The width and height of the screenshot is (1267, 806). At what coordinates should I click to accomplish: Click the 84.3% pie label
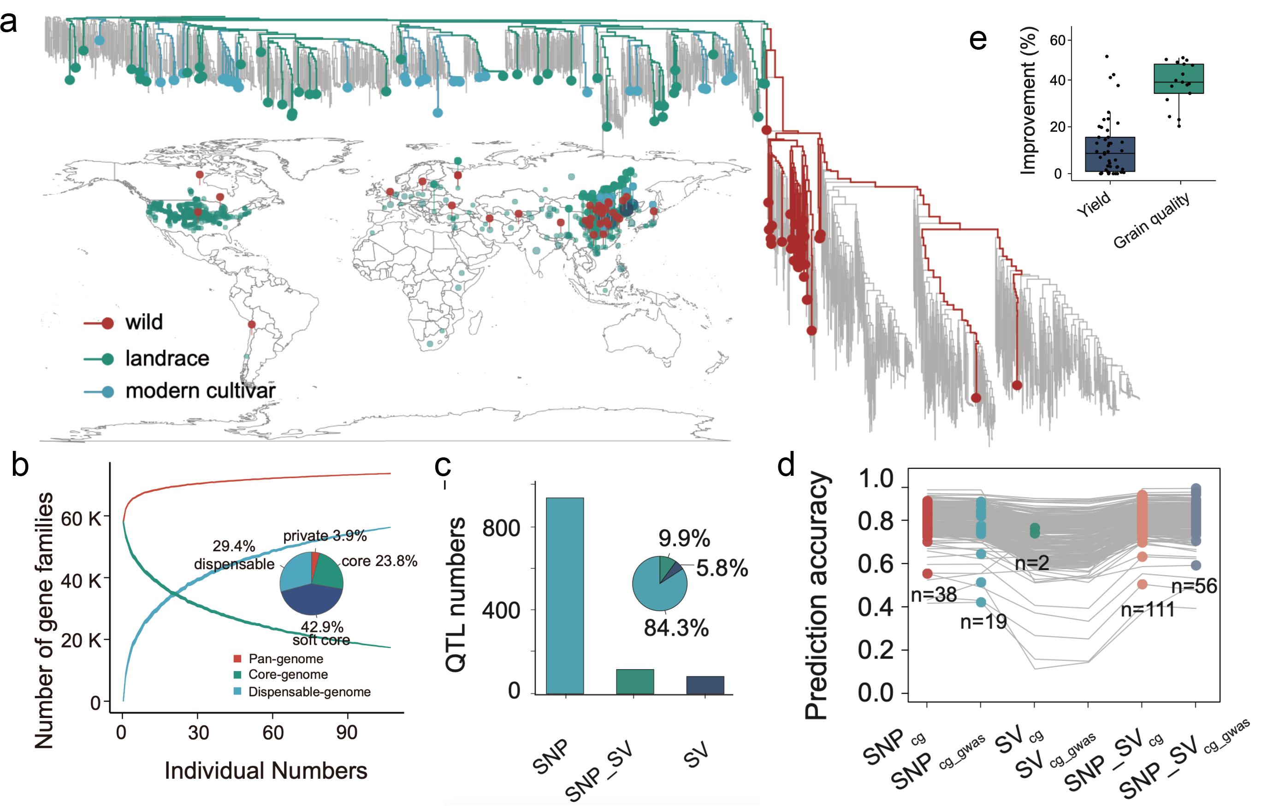point(676,628)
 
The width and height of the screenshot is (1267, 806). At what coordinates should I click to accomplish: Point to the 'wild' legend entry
point(143,322)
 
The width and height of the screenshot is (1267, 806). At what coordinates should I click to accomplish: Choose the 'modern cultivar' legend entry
point(200,391)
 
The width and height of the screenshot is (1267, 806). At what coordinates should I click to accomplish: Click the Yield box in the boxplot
point(1110,154)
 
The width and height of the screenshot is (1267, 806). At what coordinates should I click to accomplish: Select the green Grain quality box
point(1178,79)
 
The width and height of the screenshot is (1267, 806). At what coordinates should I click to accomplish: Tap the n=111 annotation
point(1148,610)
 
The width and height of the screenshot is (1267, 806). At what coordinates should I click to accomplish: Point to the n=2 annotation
point(1032,563)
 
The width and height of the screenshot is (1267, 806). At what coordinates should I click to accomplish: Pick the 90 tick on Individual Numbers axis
point(347,732)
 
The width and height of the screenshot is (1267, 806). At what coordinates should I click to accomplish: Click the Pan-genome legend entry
point(285,659)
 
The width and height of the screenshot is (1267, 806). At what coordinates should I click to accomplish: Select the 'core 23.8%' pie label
point(379,561)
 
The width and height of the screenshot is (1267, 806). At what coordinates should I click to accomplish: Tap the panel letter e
point(977,40)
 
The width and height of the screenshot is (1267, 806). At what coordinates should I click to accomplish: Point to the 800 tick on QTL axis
point(501,528)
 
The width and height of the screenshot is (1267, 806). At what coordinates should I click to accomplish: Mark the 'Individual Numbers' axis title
point(266,771)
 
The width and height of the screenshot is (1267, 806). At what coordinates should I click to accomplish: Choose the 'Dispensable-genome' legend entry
point(309,692)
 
